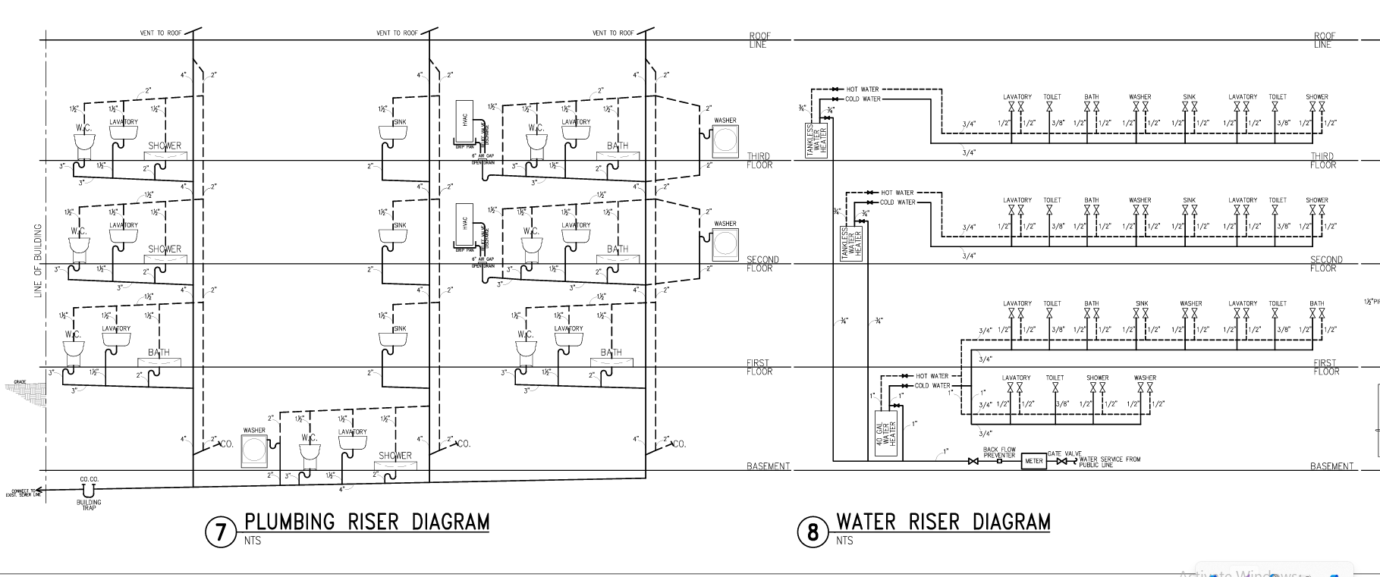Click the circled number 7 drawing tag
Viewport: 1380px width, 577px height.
click(220, 532)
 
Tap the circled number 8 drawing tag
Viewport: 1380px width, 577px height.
click(813, 532)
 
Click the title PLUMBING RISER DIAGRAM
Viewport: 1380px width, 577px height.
click(366, 522)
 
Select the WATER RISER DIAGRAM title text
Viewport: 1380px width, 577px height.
click(943, 522)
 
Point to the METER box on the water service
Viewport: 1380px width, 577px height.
click(1033, 460)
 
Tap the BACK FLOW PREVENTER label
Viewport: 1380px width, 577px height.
click(999, 453)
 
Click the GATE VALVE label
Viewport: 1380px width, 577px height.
click(1064, 453)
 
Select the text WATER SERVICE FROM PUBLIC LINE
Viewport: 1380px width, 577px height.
click(1109, 461)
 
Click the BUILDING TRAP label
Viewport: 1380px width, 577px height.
click(89, 504)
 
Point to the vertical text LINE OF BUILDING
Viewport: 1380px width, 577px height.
click(38, 260)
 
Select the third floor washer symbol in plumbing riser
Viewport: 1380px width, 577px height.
click(725, 140)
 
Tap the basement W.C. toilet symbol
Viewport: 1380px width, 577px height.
click(309, 453)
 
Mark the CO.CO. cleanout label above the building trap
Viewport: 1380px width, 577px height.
click(90, 479)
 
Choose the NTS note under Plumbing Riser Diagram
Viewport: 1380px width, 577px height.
click(252, 541)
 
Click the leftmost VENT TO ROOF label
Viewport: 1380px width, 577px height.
click(158, 33)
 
